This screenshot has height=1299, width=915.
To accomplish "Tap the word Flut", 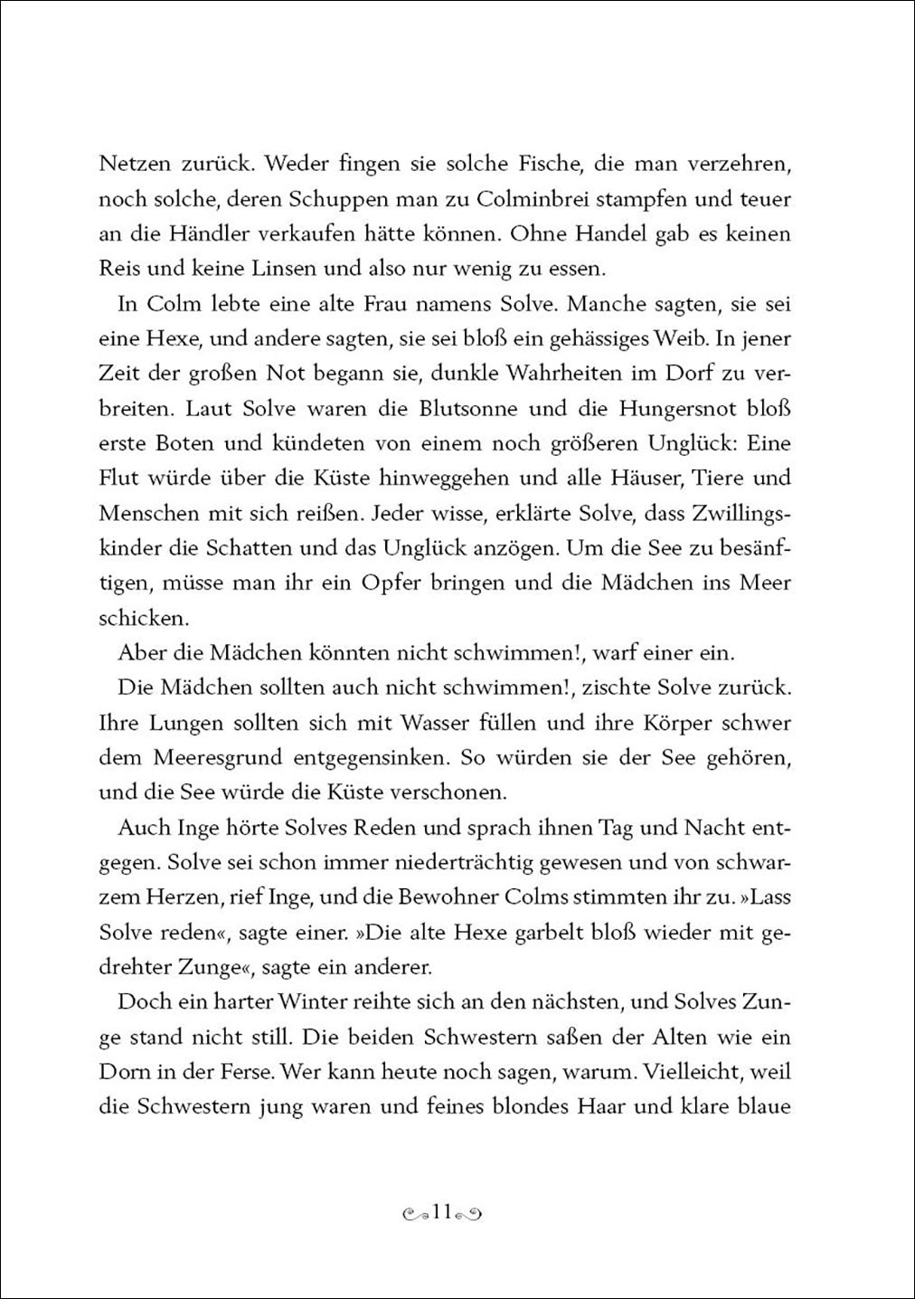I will pyautogui.click(x=119, y=478).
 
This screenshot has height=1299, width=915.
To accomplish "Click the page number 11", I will pyautogui.click(x=442, y=1212).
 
